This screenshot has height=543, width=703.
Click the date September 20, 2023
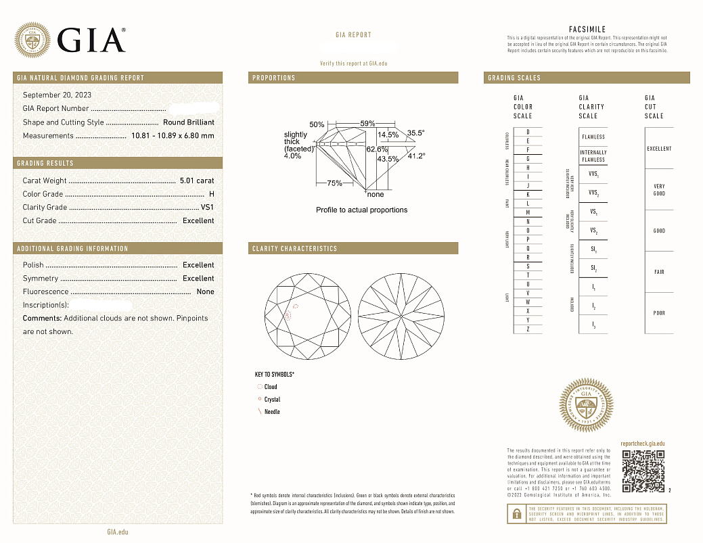pyautogui.click(x=57, y=95)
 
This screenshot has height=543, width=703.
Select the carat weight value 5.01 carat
pyautogui.click(x=197, y=181)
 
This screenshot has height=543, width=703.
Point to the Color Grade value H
pyautogui.click(x=212, y=194)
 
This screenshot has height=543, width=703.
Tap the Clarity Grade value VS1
pyautogui.click(x=207, y=208)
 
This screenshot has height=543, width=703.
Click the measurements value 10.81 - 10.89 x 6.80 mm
pyautogui.click(x=171, y=136)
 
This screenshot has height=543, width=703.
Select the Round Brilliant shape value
pyautogui.click(x=189, y=122)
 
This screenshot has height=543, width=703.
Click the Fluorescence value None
pyautogui.click(x=205, y=292)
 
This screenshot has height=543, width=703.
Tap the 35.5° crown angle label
pyautogui.click(x=415, y=133)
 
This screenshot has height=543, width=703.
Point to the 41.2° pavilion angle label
pyautogui.click(x=415, y=156)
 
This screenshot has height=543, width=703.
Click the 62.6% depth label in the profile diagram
pyautogui.click(x=377, y=149)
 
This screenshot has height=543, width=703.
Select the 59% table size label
pyautogui.click(x=367, y=124)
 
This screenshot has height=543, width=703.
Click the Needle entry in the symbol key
pyautogui.click(x=271, y=412)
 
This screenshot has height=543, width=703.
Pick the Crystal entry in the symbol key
pyautogui.click(x=272, y=400)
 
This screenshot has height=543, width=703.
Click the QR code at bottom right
pyautogui.click(x=643, y=471)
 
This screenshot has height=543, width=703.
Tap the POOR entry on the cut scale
pyautogui.click(x=658, y=313)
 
